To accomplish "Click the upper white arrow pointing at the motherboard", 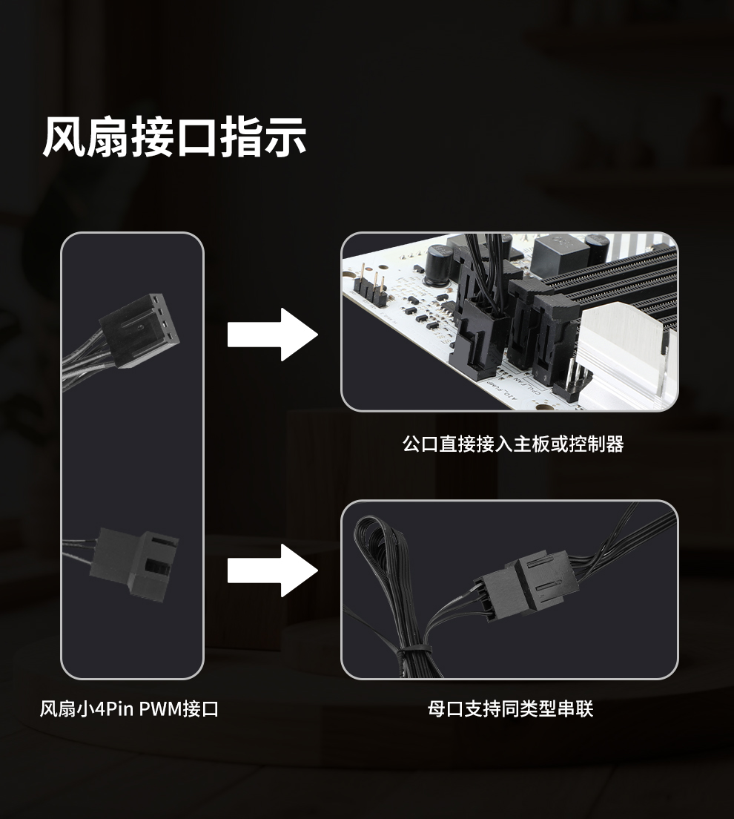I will coord(272,335).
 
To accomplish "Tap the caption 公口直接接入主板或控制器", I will coord(512,444).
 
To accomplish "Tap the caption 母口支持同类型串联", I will coord(510,709).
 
